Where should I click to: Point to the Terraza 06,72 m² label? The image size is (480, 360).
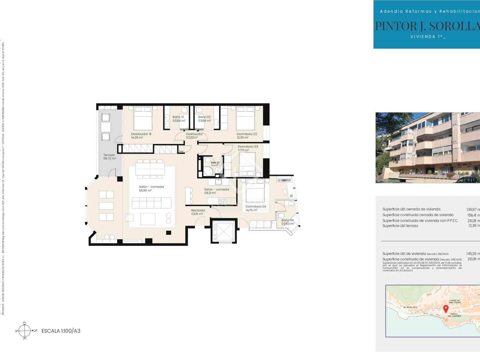pyautogui.click(x=109, y=157)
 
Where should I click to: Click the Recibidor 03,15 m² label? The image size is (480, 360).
pyautogui.click(x=198, y=212)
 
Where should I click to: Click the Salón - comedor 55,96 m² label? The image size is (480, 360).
pyautogui.click(x=151, y=188)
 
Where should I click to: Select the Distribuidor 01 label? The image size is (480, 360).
pyautogui.click(x=141, y=136)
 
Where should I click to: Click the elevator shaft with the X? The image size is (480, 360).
pyautogui.click(x=223, y=230)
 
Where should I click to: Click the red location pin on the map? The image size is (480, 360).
pyautogui.click(x=446, y=308)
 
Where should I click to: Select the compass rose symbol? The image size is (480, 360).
pyautogui.click(x=25, y=331)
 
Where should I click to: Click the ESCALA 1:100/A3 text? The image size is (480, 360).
pyautogui.click(x=61, y=331)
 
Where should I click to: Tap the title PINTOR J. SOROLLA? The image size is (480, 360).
pyautogui.click(x=427, y=26)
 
